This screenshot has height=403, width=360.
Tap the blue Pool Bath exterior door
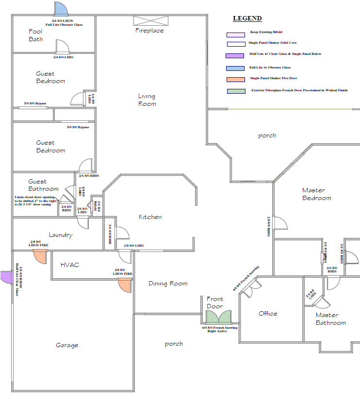pyautogui.click(x=61, y=9)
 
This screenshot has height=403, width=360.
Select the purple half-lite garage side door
pyautogui.click(x=6, y=277)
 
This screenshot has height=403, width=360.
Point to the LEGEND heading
pyautogui.click(x=247, y=18)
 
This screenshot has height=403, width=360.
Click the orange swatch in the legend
pyautogui.click(x=235, y=79)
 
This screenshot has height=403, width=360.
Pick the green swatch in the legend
pyautogui.click(x=235, y=91)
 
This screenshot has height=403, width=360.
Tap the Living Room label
pyautogui.click(x=147, y=100)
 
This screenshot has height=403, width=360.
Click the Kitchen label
pyautogui.click(x=150, y=217)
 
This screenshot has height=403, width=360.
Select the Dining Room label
pyautogui.click(x=168, y=284)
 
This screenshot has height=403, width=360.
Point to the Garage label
pyautogui.click(x=67, y=345)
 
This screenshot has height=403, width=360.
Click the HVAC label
pyautogui.click(x=69, y=265)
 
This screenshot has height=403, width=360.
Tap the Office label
pyautogui.click(x=268, y=314)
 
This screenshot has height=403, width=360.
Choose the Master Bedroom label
pyautogui.click(x=316, y=194)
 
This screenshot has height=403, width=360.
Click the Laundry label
pyautogui.click(x=61, y=235)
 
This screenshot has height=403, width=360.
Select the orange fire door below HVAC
pyautogui.click(x=125, y=285)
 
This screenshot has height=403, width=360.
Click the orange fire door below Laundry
pyautogui.click(x=40, y=257)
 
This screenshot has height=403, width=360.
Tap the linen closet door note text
pyautogui.click(x=36, y=201)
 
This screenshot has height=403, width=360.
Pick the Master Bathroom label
pyautogui.click(x=330, y=319)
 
